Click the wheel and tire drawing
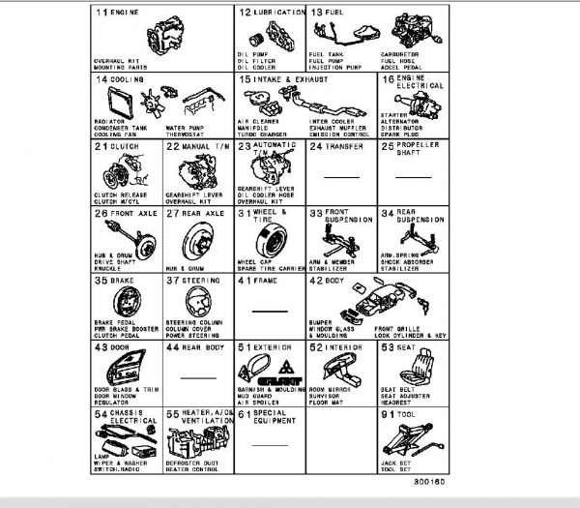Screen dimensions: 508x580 coord(275,235)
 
